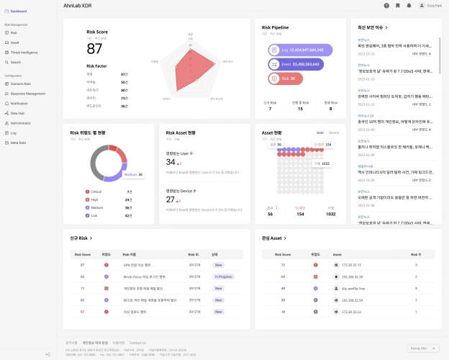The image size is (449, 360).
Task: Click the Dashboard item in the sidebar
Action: pos(18,11)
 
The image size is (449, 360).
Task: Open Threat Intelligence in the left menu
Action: pos(25,53)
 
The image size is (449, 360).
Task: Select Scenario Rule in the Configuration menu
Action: pos(22,84)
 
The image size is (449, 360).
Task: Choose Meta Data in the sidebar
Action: pos(19,143)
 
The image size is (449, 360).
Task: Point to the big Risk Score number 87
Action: pos(94,48)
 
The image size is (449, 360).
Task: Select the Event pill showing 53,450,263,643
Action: pos(296,64)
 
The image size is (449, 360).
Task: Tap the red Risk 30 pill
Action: pos(286,78)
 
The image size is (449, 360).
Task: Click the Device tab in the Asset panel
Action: pos(333,132)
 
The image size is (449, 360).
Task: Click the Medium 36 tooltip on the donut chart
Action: pos(132,174)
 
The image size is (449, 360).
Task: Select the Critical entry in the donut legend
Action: pos(95,191)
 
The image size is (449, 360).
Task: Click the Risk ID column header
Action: pos(193,254)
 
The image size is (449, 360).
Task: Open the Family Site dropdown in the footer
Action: pos(423,348)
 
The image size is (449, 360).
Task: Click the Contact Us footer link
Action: pos(137,343)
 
